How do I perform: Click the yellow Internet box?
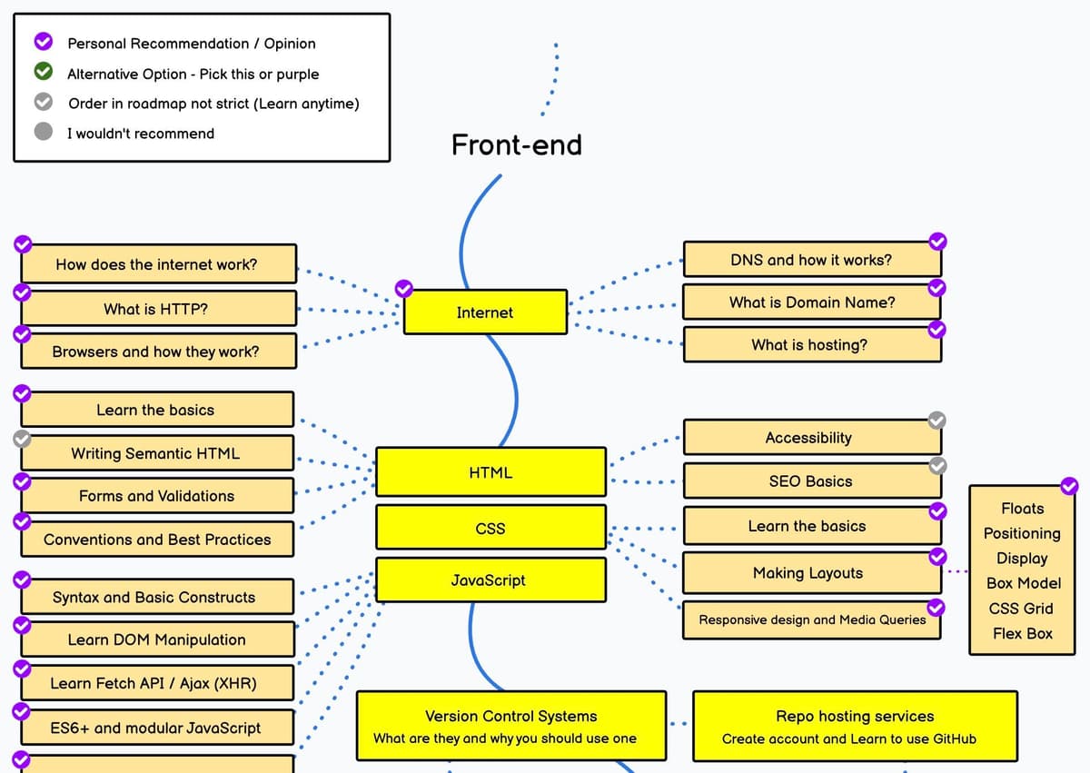pyautogui.click(x=485, y=312)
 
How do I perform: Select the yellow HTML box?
pyautogui.click(x=490, y=472)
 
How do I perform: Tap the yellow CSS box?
pyautogui.click(x=490, y=528)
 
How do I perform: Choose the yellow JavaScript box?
pyautogui.click(x=490, y=580)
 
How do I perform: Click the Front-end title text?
pyautogui.click(x=516, y=145)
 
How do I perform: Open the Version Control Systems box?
pyautogui.click(x=510, y=727)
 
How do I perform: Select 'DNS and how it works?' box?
pyautogui.click(x=811, y=260)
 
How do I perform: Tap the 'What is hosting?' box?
pyautogui.click(x=811, y=345)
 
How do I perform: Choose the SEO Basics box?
pyautogui.click(x=811, y=481)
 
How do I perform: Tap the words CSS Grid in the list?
pyautogui.click(x=1022, y=609)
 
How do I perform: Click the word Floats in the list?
pyautogui.click(x=1022, y=509)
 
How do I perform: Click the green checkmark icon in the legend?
pyautogui.click(x=43, y=73)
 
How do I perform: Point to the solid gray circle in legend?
pyautogui.click(x=43, y=132)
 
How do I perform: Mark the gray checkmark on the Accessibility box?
pyautogui.click(x=937, y=420)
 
